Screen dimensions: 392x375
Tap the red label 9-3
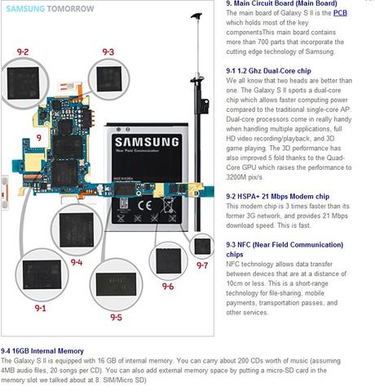pos(108,51)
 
